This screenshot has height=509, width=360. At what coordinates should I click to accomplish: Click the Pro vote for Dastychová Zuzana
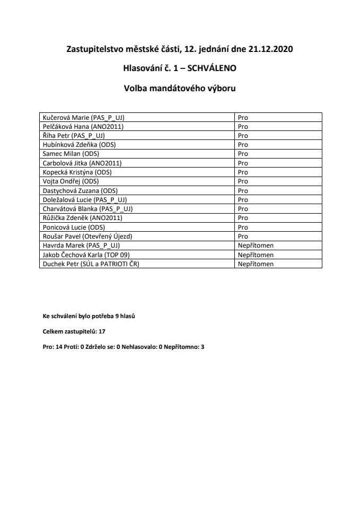coord(243,190)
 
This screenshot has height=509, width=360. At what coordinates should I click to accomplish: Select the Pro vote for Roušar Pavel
coord(243,236)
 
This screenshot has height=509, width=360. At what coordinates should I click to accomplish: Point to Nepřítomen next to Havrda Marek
coord(256,245)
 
